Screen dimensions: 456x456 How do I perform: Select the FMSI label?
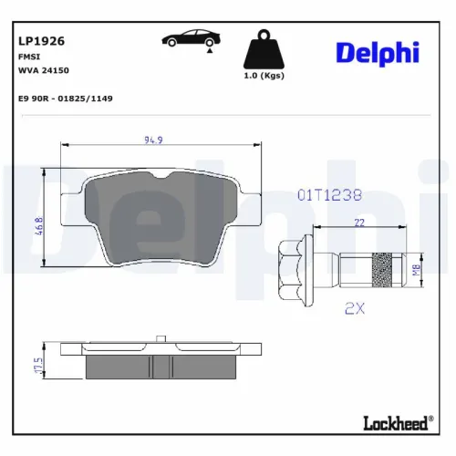pyautogui.click(x=28, y=56)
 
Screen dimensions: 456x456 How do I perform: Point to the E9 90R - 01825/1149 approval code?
pyautogui.click(x=65, y=98)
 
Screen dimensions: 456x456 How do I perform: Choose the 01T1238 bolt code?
pyautogui.click(x=330, y=194)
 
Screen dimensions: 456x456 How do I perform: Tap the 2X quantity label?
pyautogui.click(x=355, y=308)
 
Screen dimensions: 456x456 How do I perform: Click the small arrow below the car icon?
pyautogui.click(x=210, y=54)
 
